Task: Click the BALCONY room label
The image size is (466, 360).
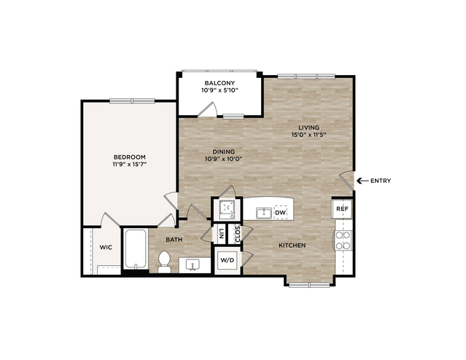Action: click(220, 83)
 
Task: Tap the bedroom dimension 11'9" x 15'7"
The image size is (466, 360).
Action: click(130, 164)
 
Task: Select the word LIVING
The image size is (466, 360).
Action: click(308, 128)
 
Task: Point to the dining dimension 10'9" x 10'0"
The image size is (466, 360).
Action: click(224, 159)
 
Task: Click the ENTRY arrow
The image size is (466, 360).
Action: click(362, 181)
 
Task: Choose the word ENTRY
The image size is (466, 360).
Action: click(381, 181)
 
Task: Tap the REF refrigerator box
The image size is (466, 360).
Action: click(342, 209)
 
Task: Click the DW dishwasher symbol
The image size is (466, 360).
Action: click(280, 213)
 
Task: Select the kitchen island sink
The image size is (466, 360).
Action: click(264, 214)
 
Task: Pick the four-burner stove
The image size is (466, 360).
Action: click(343, 240)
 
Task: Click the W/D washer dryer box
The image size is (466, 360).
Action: click(228, 260)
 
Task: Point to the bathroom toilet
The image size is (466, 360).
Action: click(164, 262)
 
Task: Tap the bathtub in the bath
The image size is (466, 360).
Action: click(136, 249)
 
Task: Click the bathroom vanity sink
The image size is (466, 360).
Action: click(193, 265)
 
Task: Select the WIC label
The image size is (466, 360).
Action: click(106, 248)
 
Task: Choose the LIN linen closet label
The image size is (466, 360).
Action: click(221, 234)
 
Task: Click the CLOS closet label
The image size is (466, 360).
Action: click(238, 234)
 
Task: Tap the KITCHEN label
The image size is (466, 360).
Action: click(292, 246)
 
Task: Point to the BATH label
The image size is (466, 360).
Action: click(174, 240)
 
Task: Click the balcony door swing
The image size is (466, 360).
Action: click(208, 109)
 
